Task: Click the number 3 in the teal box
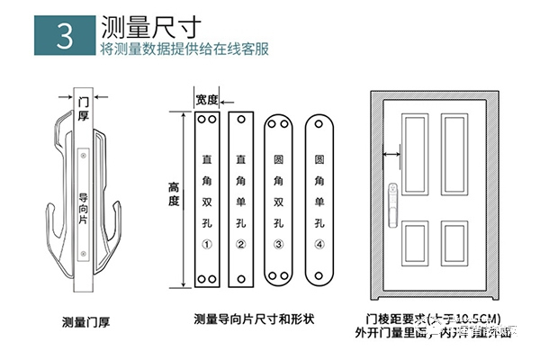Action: tap(64, 35)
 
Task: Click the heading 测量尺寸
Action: tap(145, 24)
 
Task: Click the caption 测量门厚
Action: tap(86, 320)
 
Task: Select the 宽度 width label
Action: tap(207, 100)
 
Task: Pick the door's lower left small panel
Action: tap(415, 243)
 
